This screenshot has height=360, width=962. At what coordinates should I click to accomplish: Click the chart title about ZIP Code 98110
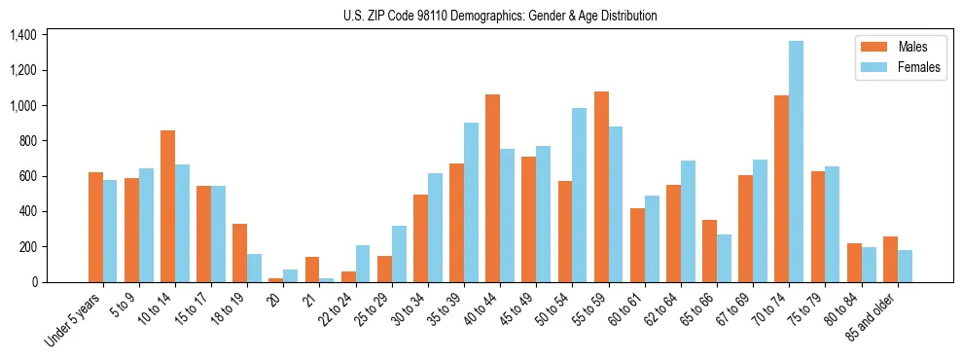tap(500, 16)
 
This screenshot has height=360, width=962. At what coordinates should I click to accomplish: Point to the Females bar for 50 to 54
tap(579, 195)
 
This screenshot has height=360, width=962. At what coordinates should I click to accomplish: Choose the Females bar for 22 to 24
tap(362, 264)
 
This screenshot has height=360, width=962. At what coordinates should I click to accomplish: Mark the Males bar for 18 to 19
tap(239, 253)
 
